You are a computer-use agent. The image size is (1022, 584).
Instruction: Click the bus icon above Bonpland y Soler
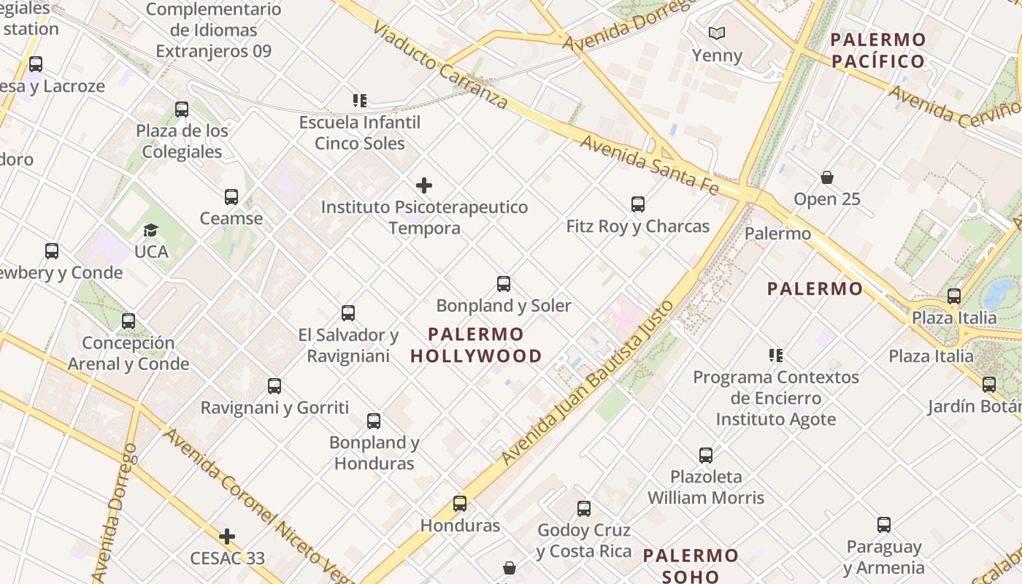click(x=503, y=284)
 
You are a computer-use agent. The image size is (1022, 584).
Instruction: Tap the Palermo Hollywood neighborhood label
click(x=476, y=345)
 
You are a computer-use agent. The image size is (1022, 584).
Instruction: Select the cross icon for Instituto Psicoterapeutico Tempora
click(x=423, y=185)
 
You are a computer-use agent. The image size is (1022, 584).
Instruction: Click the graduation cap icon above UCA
click(x=150, y=230)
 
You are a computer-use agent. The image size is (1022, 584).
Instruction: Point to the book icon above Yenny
click(x=717, y=33)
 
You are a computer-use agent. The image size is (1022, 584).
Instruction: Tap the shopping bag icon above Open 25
click(x=827, y=177)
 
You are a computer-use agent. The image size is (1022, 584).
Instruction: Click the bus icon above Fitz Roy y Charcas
click(x=638, y=204)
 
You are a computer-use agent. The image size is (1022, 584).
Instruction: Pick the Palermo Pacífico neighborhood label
click(x=878, y=50)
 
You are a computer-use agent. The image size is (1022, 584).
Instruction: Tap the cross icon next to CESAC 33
click(x=227, y=537)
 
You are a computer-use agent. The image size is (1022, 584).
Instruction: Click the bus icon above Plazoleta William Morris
click(x=705, y=456)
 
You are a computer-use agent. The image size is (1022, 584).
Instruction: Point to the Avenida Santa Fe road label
click(x=650, y=165)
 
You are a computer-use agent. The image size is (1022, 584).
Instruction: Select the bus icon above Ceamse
click(x=231, y=197)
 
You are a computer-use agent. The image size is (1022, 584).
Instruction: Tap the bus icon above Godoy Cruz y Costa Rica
click(x=583, y=509)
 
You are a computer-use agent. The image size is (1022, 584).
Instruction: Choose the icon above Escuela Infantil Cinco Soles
click(x=359, y=100)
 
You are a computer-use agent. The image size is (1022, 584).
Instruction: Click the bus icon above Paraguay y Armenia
click(x=883, y=525)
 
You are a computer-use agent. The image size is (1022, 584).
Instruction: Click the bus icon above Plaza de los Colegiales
click(x=182, y=109)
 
